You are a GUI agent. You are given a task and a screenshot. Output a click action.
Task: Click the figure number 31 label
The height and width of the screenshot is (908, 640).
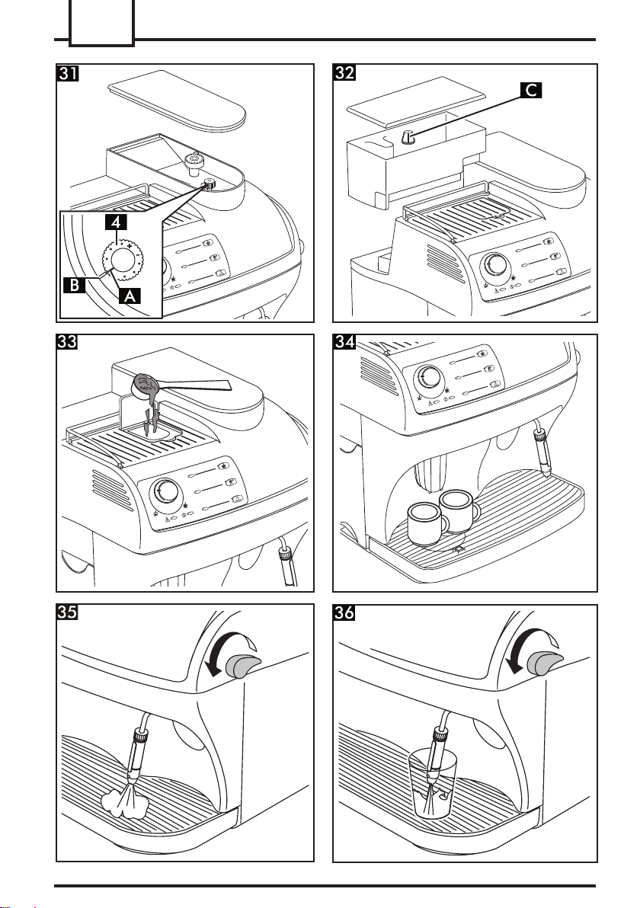[x=70, y=74]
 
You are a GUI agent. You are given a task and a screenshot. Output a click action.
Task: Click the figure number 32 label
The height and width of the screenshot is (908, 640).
[x=347, y=74]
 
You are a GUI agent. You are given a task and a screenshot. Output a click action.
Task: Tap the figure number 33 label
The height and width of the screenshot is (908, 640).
[x=70, y=344]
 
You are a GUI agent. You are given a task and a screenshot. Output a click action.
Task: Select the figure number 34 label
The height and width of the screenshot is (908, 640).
[x=347, y=344]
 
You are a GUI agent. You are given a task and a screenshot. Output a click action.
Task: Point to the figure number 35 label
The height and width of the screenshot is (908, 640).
[x=70, y=614]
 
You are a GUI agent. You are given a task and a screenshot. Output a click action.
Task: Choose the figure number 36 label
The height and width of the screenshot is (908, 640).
[x=347, y=614]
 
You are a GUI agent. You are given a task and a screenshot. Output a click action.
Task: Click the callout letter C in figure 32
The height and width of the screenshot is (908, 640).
[x=531, y=91]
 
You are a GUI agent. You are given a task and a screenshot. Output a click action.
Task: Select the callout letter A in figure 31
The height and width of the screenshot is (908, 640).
[x=128, y=299]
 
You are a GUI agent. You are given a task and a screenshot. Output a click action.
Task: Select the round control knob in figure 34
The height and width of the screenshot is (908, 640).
[x=430, y=377]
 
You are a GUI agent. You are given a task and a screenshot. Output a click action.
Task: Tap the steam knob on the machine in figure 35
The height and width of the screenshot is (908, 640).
[x=245, y=666]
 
